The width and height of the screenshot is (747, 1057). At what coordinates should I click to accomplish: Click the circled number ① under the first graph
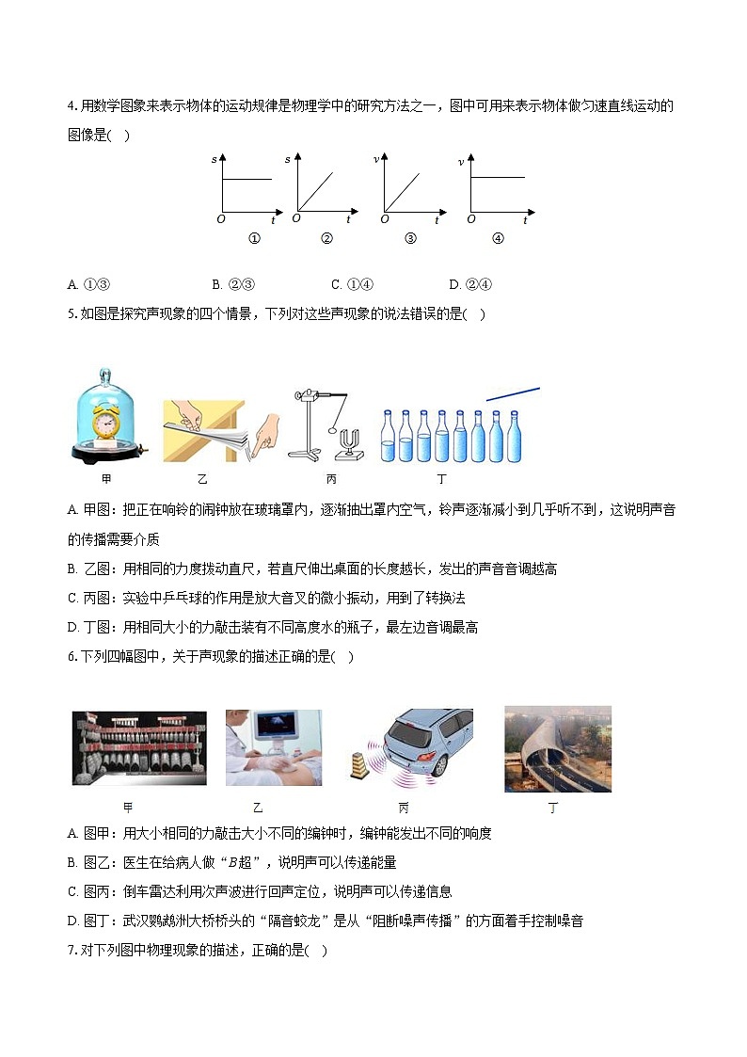253,238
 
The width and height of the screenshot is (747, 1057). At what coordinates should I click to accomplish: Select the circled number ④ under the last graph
498,238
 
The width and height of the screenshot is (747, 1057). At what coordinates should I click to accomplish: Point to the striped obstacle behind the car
358,764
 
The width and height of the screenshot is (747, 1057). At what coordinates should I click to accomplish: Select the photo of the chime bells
139,748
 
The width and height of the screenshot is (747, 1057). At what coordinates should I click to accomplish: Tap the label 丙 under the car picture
404,808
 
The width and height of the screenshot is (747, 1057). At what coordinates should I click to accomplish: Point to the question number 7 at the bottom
72,951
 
